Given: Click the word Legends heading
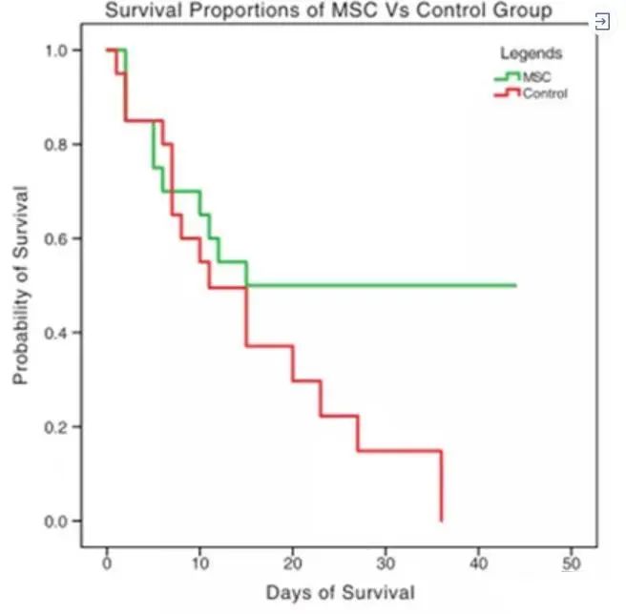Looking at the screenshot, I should pos(531,53).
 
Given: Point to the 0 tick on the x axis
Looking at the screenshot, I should pos(107,558).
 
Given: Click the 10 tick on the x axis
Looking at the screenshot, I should pos(199,558).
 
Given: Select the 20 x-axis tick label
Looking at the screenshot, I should pos(293,558).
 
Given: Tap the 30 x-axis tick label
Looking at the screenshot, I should pos(386,558).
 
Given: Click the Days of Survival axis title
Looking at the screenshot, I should pos(340,593).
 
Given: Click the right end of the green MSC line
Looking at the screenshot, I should pos(515,285).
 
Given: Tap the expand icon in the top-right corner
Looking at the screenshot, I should pos(602,21).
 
